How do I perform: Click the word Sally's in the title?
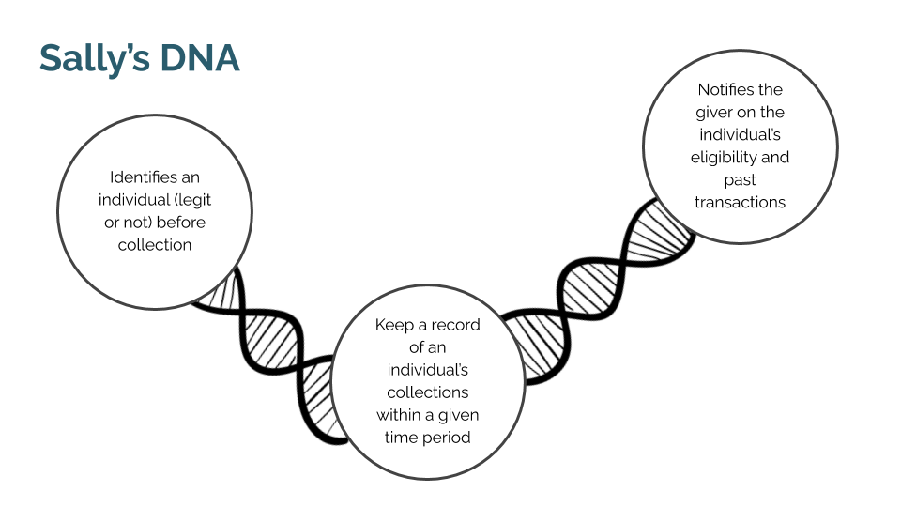pos(92,59)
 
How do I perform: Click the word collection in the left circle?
pos(155,245)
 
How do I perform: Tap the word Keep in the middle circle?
pos(393,325)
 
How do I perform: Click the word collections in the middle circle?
pos(428,392)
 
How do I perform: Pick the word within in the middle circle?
pos(401,415)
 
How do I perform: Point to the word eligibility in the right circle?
pos(727,158)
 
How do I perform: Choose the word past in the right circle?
pos(741,179)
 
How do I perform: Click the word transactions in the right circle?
pos(741,202)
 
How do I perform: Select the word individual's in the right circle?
pos(741,135)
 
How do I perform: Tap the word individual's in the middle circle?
pos(428,370)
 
